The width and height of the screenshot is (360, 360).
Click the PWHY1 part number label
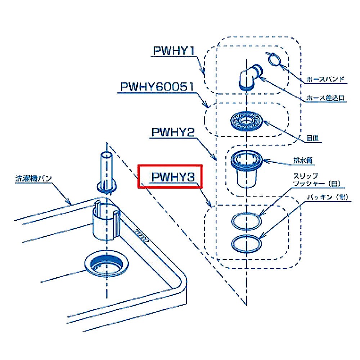point(174,51)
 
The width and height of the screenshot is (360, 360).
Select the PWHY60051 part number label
point(157,87)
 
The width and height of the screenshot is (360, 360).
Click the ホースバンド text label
point(326,79)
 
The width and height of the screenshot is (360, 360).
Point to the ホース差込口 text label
point(326,98)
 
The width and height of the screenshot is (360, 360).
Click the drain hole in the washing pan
point(106,266)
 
